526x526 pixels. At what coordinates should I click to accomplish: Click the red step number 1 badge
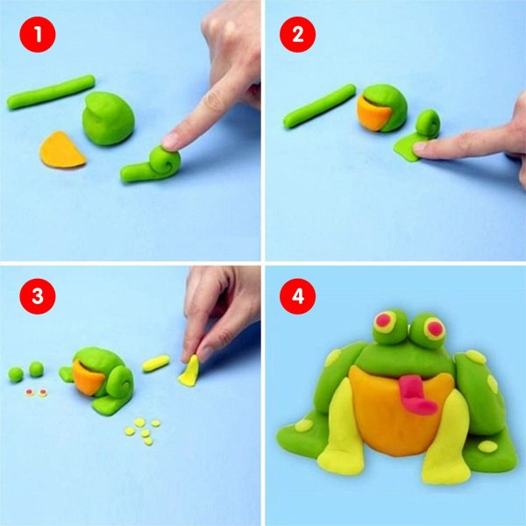tap(38, 34)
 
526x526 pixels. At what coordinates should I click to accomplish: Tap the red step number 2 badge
tap(297, 34)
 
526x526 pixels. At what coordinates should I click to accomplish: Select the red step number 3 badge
tap(38, 296)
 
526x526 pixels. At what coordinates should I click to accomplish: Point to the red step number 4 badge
tap(297, 296)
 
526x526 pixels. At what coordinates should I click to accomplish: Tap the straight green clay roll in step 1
tap(51, 91)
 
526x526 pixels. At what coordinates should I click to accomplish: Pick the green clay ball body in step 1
tap(108, 118)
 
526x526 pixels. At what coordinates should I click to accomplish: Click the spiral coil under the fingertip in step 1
tap(165, 160)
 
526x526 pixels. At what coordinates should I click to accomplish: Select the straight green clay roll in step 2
tap(319, 106)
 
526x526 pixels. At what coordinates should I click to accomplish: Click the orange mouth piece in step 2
tap(373, 114)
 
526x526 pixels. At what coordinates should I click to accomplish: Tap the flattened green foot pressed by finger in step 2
tap(408, 148)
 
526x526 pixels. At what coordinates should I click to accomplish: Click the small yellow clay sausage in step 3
tap(156, 363)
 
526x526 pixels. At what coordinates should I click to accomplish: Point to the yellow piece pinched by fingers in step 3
tap(190, 372)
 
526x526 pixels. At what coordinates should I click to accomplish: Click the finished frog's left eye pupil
tap(383, 321)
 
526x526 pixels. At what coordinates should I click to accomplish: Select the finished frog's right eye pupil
tap(435, 329)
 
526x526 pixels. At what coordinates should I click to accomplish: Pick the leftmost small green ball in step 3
tap(16, 374)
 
